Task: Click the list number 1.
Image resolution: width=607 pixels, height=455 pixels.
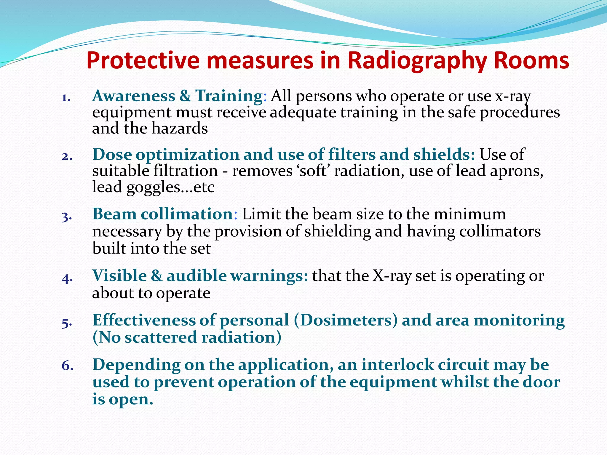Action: pos(66,98)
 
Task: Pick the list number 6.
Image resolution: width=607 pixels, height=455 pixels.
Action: pos(67,366)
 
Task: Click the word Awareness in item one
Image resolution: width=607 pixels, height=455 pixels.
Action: pos(134,96)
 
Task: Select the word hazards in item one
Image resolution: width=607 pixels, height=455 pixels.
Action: pos(180,129)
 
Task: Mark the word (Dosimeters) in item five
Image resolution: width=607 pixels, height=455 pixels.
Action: pos(346,320)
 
